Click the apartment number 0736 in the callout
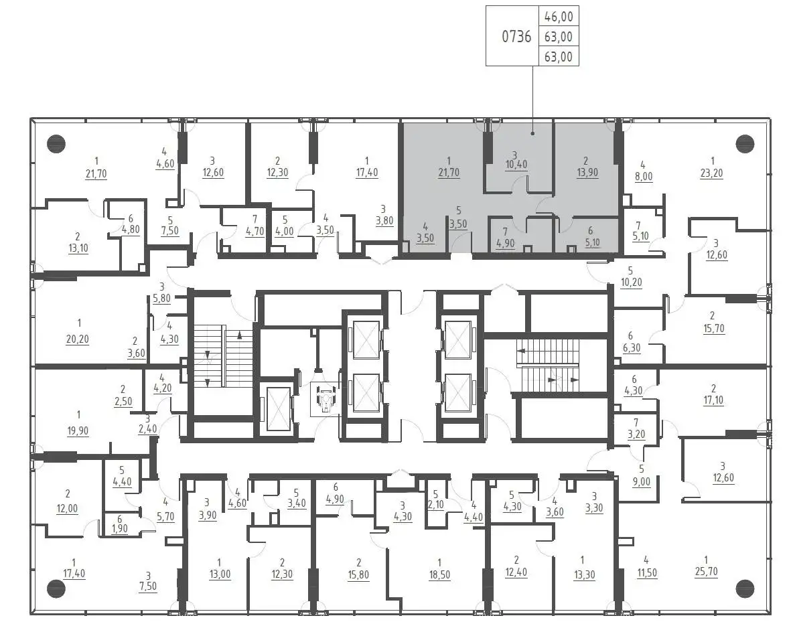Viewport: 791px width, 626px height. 516,36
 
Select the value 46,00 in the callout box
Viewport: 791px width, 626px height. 559,17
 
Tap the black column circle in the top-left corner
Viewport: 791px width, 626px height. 56,144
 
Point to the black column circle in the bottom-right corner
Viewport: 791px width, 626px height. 745,588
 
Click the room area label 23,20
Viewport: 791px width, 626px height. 711,173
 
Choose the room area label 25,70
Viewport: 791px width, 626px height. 706,572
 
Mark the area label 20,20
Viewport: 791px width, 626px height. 77,339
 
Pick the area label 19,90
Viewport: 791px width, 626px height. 77,431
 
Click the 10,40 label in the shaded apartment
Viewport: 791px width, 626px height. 516,165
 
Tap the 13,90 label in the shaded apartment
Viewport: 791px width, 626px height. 587,173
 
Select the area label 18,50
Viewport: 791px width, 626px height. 439,574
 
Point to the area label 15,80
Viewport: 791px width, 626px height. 358,574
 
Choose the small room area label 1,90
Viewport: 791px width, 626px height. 120,529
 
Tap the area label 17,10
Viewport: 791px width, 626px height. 713,400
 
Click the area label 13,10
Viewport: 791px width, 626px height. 78,248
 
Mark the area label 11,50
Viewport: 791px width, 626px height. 647,572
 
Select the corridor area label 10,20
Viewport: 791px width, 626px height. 631,283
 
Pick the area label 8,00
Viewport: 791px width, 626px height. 643,177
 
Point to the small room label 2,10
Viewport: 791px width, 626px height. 435,505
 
